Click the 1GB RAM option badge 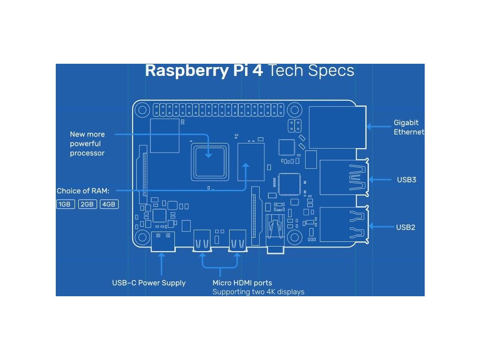tap(65, 204)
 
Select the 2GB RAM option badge tap(88, 204)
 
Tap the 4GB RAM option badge tap(109, 204)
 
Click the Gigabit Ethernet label tap(409, 127)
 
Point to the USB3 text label tap(406, 180)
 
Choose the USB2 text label tap(406, 227)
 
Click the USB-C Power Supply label tap(149, 283)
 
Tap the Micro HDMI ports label tap(242, 283)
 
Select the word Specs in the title tap(331, 71)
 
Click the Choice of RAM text tap(83, 191)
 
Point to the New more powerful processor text tap(87, 144)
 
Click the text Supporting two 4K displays tap(258, 292)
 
